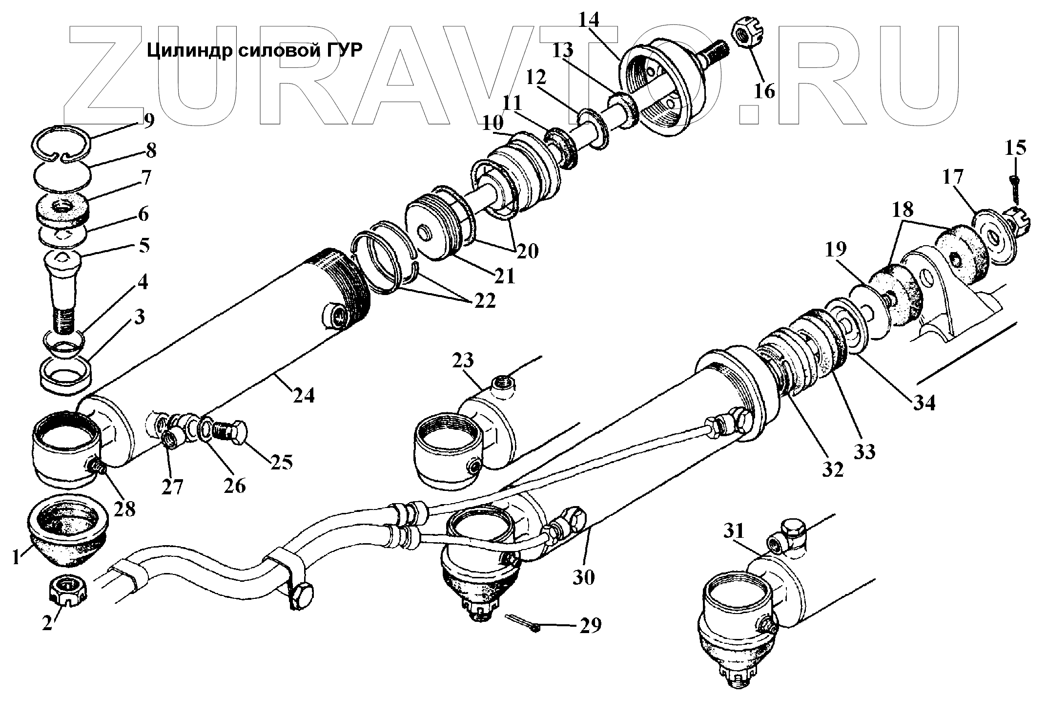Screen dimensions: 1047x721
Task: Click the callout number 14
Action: click(589, 21)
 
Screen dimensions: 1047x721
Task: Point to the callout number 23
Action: click(463, 361)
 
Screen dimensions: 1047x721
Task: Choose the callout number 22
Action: click(483, 301)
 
